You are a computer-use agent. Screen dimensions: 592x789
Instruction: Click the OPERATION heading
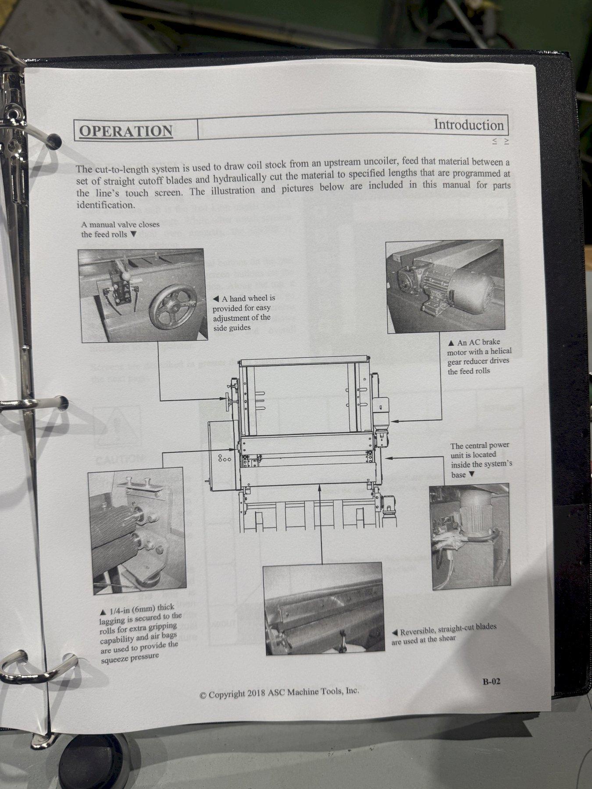126,131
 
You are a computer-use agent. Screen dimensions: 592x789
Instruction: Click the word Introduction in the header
469,125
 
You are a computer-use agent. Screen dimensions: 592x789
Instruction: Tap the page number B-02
489,681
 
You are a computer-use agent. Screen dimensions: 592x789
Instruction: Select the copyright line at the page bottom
279,693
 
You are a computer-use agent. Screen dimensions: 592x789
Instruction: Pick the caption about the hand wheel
243,313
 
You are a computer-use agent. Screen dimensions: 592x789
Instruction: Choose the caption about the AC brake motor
479,356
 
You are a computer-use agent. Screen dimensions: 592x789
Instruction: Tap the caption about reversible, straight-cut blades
443,632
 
